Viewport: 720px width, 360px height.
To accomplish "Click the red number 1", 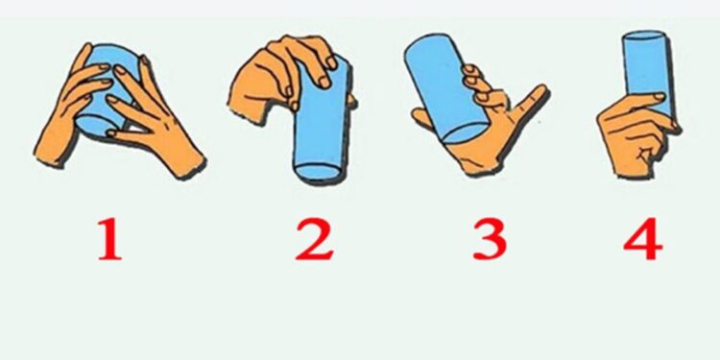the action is (x=109, y=240).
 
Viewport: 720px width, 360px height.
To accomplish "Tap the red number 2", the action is (x=315, y=240).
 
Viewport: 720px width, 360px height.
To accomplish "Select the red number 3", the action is (x=490, y=240).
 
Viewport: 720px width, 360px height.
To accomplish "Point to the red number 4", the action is (x=642, y=240).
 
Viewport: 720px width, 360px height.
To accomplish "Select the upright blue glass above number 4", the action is (x=645, y=74).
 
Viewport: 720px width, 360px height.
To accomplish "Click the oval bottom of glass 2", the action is (x=318, y=171).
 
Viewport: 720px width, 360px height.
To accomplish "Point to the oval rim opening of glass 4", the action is (x=644, y=36).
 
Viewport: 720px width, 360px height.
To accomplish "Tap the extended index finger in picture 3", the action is (x=529, y=100).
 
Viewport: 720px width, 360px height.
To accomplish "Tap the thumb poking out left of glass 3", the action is (x=422, y=118).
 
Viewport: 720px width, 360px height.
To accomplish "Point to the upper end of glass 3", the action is (x=424, y=46).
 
